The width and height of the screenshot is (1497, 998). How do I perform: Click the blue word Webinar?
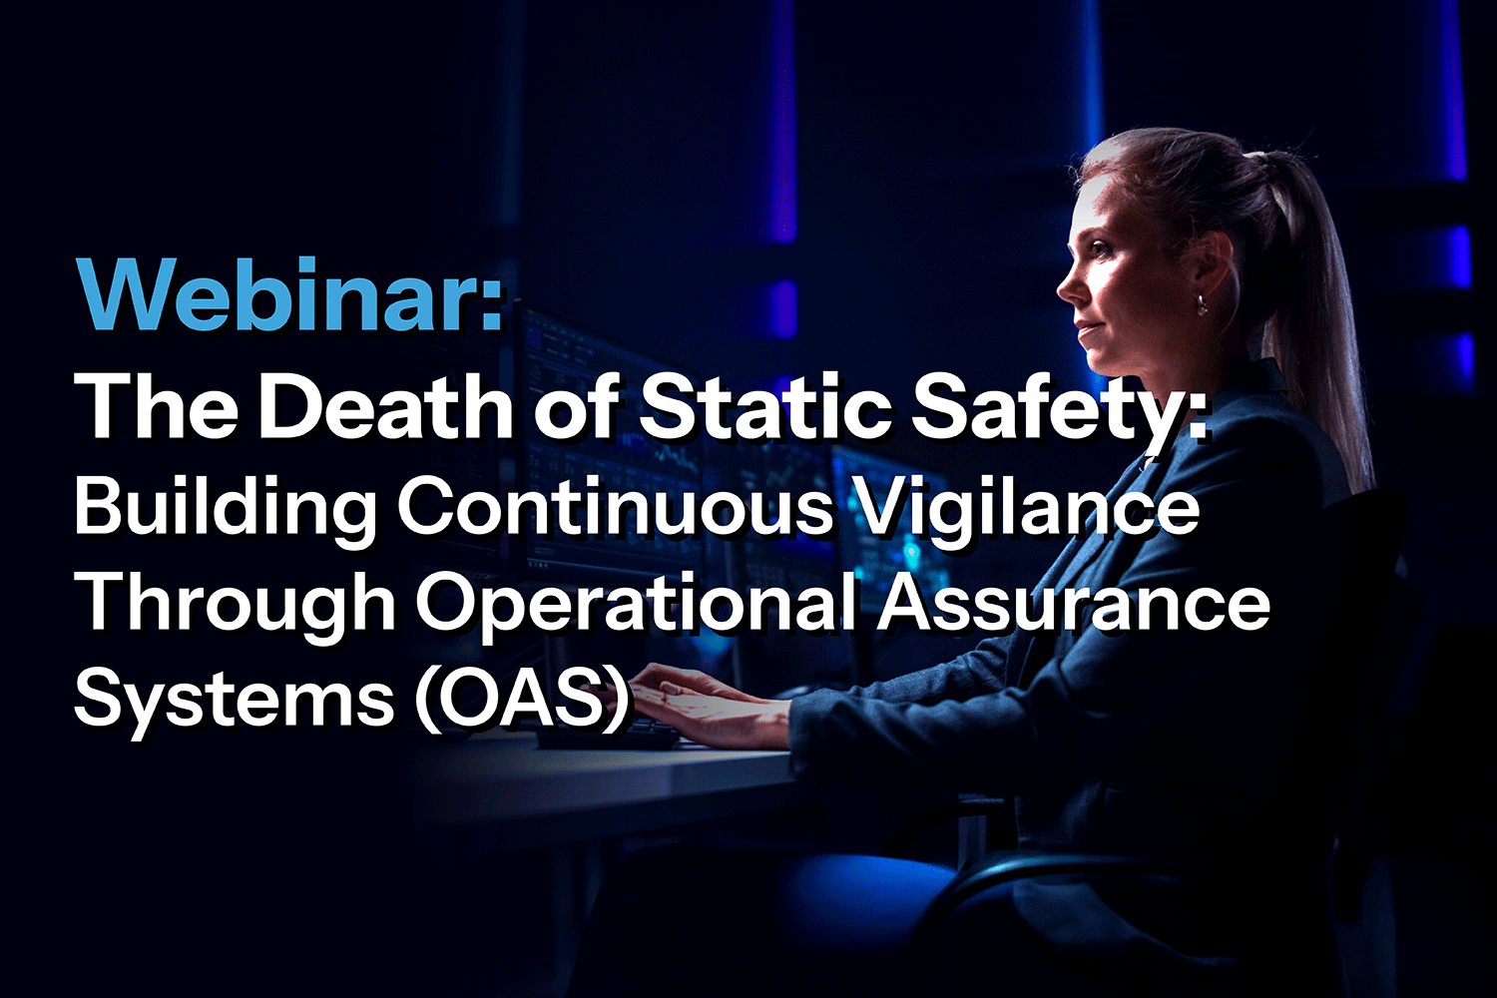coord(289,296)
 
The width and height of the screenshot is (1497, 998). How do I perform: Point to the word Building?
coord(226,506)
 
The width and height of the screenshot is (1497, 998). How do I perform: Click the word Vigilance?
coord(1029,506)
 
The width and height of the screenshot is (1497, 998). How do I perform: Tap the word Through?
coord(236,603)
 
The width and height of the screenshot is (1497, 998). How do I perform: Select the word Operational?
coord(639,605)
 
